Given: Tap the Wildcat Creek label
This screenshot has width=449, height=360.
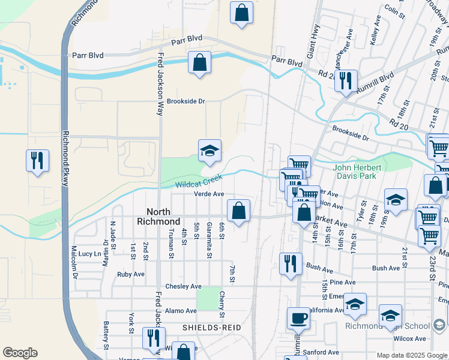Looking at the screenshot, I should tap(199, 181).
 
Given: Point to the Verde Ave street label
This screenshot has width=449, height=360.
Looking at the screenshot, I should tap(208, 194).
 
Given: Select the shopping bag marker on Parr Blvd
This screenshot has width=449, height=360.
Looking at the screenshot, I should tap(199, 62).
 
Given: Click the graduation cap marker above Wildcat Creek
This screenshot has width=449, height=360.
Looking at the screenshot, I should tap(209, 151).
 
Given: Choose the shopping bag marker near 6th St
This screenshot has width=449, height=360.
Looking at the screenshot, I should tap(239, 211).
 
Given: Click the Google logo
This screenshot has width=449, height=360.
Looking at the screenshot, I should tap(20, 353).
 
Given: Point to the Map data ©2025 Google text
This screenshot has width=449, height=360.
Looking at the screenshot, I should tap(412, 355).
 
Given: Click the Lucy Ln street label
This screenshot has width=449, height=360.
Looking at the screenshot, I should tap(89, 254).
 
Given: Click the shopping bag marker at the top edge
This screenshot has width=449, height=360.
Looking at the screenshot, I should tap(241, 13).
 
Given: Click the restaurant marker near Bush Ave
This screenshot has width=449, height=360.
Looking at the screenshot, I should tap(291, 263).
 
